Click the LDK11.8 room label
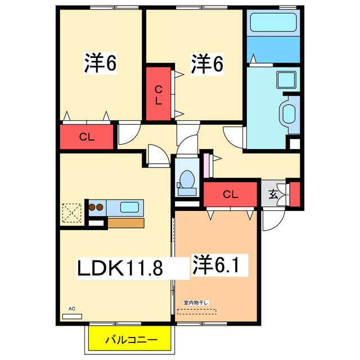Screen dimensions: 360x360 [x=120, y=268]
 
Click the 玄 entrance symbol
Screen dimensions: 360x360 [x=273, y=195]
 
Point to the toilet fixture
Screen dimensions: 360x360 [x=186, y=179]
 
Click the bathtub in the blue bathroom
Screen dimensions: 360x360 [x=272, y=24]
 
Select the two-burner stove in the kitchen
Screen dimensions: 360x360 [x=96, y=206]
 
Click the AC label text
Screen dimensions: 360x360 [x=71, y=309]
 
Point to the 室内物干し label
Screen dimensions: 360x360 [x=196, y=303]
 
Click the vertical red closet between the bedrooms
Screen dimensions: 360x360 [x=159, y=94]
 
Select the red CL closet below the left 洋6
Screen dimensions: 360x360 [x=87, y=136]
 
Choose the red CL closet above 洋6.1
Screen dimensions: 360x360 [x=230, y=195]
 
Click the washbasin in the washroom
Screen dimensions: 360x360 [x=290, y=115]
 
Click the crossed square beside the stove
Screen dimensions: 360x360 [x=71, y=213]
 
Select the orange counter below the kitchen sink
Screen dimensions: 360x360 [x=125, y=223]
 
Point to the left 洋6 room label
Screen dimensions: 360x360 [x=101, y=64]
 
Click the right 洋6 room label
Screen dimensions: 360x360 [x=207, y=64]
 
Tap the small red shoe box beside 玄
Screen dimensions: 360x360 [x=294, y=193]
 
